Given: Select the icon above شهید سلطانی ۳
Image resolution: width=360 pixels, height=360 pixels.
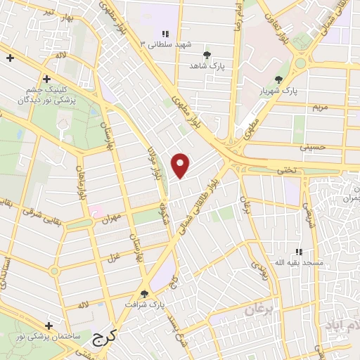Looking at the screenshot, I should [165, 33].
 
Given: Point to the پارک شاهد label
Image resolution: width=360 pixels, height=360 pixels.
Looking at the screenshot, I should [206, 65].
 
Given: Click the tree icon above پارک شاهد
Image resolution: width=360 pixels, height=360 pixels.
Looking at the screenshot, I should [206, 54].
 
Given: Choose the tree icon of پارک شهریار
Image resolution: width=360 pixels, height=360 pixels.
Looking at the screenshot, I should [279, 79].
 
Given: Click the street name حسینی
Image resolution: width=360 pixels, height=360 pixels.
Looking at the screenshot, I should [314, 147].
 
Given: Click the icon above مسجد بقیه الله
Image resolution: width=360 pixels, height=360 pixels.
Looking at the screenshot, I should [299, 252].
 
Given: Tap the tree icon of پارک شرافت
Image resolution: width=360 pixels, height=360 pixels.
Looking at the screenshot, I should [145, 294].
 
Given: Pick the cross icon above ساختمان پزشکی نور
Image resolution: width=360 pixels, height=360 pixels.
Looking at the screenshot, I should [48, 326].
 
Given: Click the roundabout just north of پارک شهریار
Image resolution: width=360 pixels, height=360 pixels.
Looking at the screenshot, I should [301, 63].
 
